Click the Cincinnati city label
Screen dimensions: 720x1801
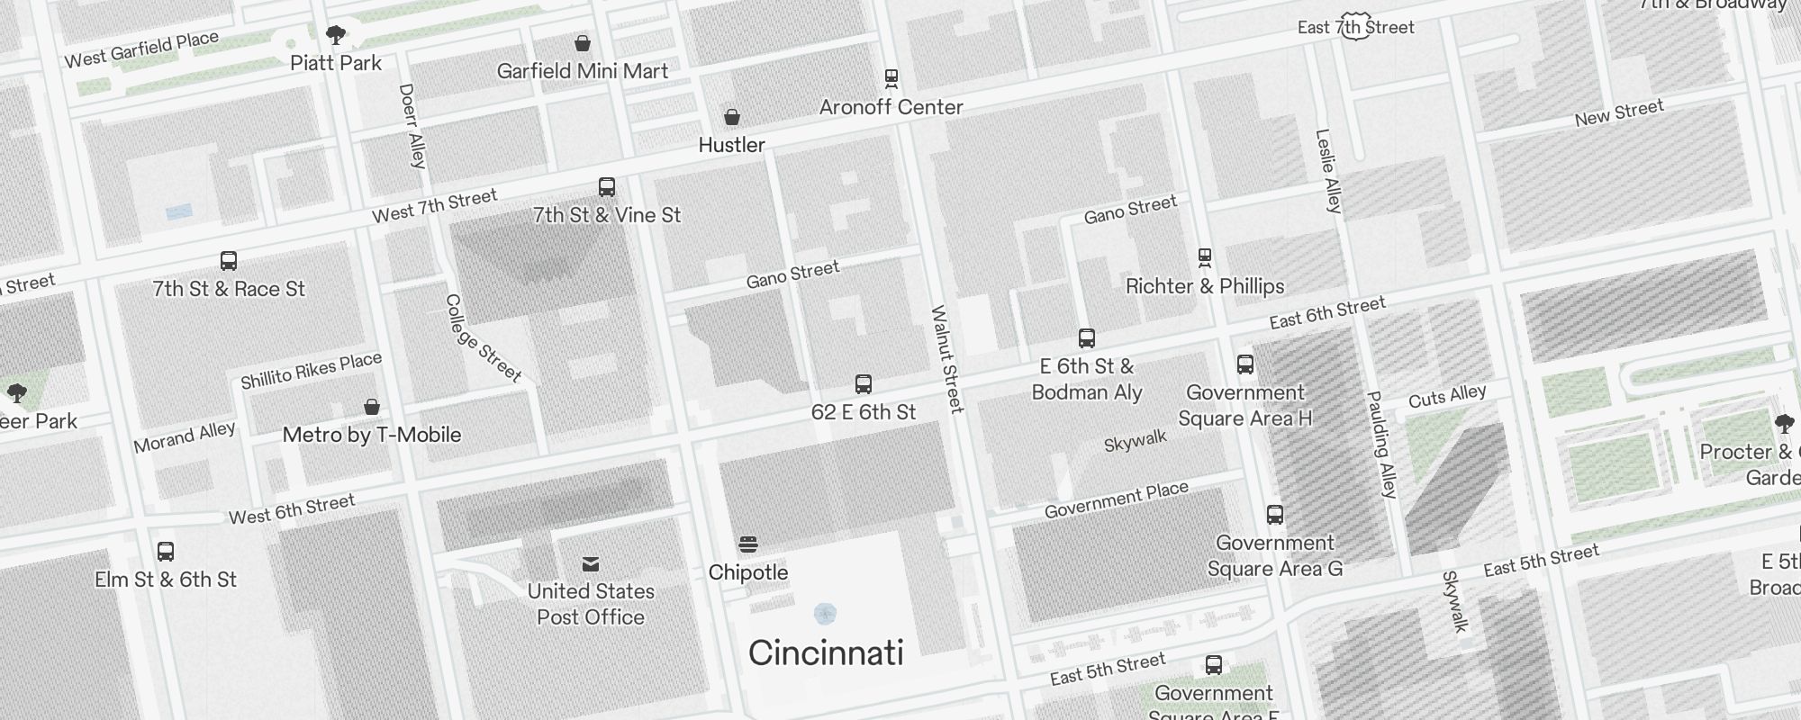pos(826,653)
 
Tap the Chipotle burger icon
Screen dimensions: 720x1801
pos(747,544)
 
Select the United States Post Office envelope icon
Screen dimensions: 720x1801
pos(591,564)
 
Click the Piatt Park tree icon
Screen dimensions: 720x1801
pos(336,35)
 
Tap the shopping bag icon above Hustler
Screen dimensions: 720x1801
pos(732,117)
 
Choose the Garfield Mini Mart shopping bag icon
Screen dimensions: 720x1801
pos(583,43)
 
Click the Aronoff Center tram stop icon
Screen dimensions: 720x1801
pos(891,79)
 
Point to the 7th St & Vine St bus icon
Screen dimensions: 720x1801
pos(607,187)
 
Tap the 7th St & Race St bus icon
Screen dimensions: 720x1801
pos(229,261)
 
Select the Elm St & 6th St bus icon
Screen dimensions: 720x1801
pos(166,552)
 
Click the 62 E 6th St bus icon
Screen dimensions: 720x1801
pos(864,384)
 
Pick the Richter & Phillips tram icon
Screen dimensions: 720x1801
pos(1205,258)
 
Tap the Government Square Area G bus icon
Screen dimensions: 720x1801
pos(1274,515)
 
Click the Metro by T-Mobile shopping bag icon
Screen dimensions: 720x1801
pos(372,407)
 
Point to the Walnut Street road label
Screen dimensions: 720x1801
pos(946,360)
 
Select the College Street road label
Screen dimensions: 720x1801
pos(483,338)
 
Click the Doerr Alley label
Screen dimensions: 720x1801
pos(412,126)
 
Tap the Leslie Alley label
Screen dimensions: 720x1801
pos(1328,171)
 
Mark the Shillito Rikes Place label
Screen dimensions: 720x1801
pos(312,370)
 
